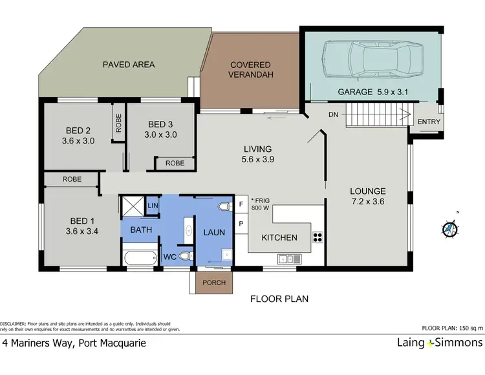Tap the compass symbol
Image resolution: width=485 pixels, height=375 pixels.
pyautogui.click(x=451, y=228)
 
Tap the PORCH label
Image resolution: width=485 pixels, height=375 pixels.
pyautogui.click(x=213, y=282)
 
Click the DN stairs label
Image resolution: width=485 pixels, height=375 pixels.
pyautogui.click(x=333, y=114)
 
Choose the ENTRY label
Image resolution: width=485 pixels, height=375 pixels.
pyautogui.click(x=429, y=122)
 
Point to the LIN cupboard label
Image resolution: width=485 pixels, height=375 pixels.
pyautogui.click(x=153, y=206)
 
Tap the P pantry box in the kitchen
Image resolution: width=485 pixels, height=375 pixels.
pyautogui.click(x=241, y=223)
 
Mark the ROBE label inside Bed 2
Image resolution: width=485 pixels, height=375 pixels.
pyautogui.click(x=118, y=123)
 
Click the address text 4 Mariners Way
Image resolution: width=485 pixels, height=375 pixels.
pyautogui.click(x=74, y=343)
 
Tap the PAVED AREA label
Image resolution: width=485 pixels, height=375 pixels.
pyautogui.click(x=129, y=65)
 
